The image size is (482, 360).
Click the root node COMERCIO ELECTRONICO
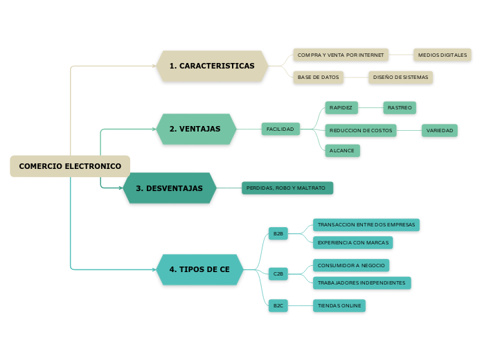pyautogui.click(x=70, y=166)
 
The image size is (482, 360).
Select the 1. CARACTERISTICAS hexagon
pyautogui.click(x=212, y=66)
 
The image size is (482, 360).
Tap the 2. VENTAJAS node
pyautogui.click(x=196, y=129)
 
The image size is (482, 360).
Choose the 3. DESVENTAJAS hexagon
pyautogui.click(x=170, y=188)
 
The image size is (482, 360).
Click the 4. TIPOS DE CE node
pyautogui.click(x=199, y=269)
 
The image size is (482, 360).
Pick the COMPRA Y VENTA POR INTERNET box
pyautogui.click(x=340, y=55)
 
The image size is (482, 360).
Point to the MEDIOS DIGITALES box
pyautogui.click(x=443, y=55)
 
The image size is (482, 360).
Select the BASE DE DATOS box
pyautogui.click(x=319, y=78)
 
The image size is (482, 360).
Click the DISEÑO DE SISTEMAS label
pyautogui.click(x=400, y=78)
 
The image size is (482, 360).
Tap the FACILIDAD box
pyautogui.click(x=280, y=129)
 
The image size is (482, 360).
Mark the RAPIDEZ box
pyautogui.click(x=341, y=108)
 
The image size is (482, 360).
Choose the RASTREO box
pyautogui.click(x=400, y=108)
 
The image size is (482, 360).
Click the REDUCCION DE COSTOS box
pyautogui.click(x=361, y=130)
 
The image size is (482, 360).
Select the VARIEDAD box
pyautogui.click(x=440, y=130)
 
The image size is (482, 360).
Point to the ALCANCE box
pyautogui.click(x=342, y=150)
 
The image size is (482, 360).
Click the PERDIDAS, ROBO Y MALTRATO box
pyautogui.click(x=286, y=188)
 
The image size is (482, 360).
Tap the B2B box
pyautogui.click(x=278, y=234)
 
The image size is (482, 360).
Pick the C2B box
pyautogui.click(x=278, y=273)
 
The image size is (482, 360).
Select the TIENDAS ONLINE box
pyautogui.click(x=339, y=305)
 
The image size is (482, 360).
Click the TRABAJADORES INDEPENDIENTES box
pyautogui.click(x=361, y=282)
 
